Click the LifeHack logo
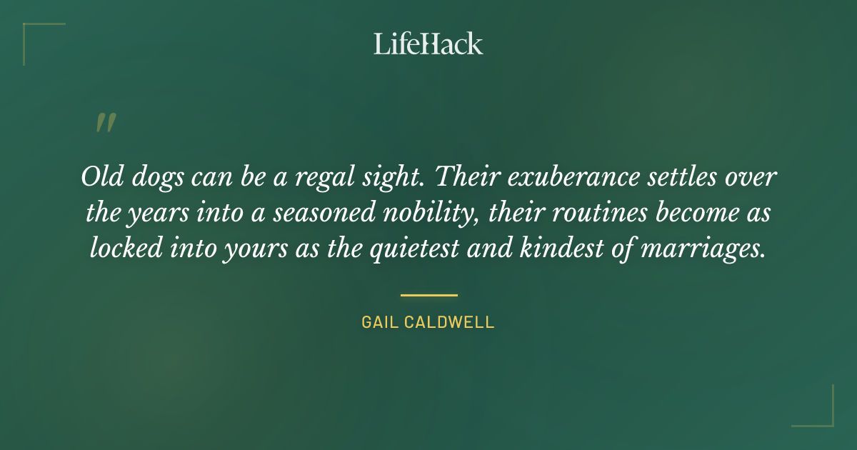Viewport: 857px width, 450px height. (x=428, y=44)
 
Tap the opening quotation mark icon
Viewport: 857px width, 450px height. (x=105, y=124)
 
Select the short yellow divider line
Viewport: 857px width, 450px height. (x=428, y=294)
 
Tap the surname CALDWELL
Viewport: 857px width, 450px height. (x=454, y=322)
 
